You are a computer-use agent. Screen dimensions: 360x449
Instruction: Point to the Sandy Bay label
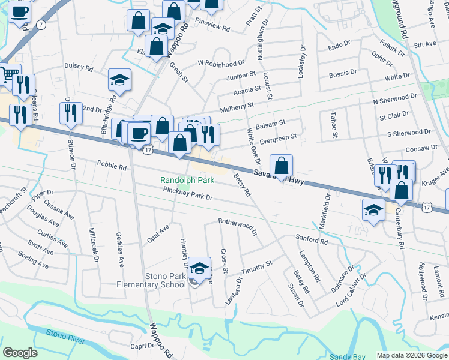click(x=348, y=356)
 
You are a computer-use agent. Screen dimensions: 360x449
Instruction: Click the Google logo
click(x=20, y=353)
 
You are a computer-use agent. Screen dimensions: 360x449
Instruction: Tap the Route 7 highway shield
click(x=40, y=25)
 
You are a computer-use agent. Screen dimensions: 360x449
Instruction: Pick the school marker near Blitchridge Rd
click(x=119, y=80)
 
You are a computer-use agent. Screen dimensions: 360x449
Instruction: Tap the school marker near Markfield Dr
click(x=373, y=211)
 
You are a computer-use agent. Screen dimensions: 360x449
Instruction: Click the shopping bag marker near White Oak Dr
click(x=281, y=166)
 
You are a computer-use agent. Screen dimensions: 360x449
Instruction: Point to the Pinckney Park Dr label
click(x=188, y=193)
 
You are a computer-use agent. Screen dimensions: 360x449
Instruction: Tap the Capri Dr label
click(x=143, y=346)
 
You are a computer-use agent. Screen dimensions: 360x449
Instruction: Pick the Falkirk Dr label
click(x=393, y=46)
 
